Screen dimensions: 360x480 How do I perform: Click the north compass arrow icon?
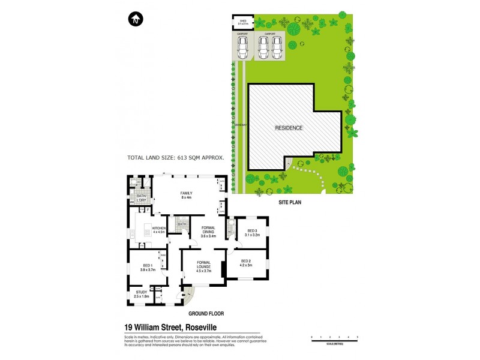136,20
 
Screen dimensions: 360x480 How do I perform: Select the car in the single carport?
242,50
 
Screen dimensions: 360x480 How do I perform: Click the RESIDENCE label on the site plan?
289,128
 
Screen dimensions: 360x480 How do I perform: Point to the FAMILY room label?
186,193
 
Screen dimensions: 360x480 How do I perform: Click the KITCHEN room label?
158,229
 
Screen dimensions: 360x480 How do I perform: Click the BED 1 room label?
148,267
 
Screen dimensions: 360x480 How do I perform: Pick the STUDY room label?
142,292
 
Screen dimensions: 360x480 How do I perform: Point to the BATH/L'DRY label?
142,198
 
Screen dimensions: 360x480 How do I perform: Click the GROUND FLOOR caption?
206,313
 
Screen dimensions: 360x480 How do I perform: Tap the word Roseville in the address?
196,327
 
